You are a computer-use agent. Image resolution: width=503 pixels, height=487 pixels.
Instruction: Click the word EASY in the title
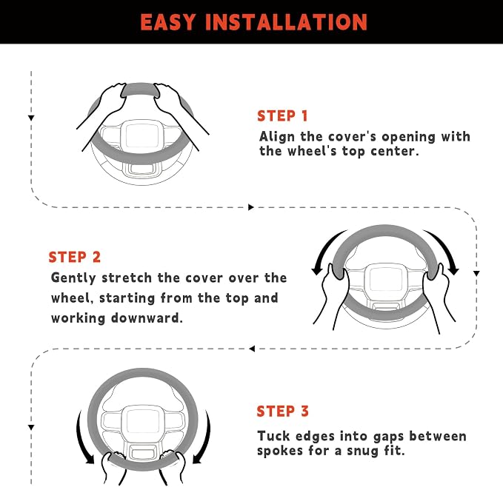(167, 22)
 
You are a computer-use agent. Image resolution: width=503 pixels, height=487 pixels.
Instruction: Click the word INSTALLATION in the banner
(286, 22)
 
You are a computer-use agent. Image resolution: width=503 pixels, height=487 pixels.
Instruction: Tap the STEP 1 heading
(283, 115)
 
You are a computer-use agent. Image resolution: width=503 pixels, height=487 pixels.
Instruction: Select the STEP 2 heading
(74, 257)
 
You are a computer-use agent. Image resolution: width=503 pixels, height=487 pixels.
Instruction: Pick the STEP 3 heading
(283, 411)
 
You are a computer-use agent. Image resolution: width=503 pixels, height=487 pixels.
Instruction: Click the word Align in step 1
(277, 137)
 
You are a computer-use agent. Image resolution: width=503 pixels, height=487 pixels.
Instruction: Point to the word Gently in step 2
(74, 278)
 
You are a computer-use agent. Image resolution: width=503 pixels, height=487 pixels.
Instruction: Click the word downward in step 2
(147, 318)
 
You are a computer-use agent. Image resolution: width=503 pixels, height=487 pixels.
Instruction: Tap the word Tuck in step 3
(273, 436)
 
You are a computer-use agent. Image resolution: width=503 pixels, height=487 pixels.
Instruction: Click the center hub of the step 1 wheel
(141, 136)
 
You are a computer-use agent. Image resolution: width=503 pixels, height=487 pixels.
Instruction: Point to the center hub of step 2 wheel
(386, 279)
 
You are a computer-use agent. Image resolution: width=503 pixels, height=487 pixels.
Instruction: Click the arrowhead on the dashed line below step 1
(251, 207)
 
